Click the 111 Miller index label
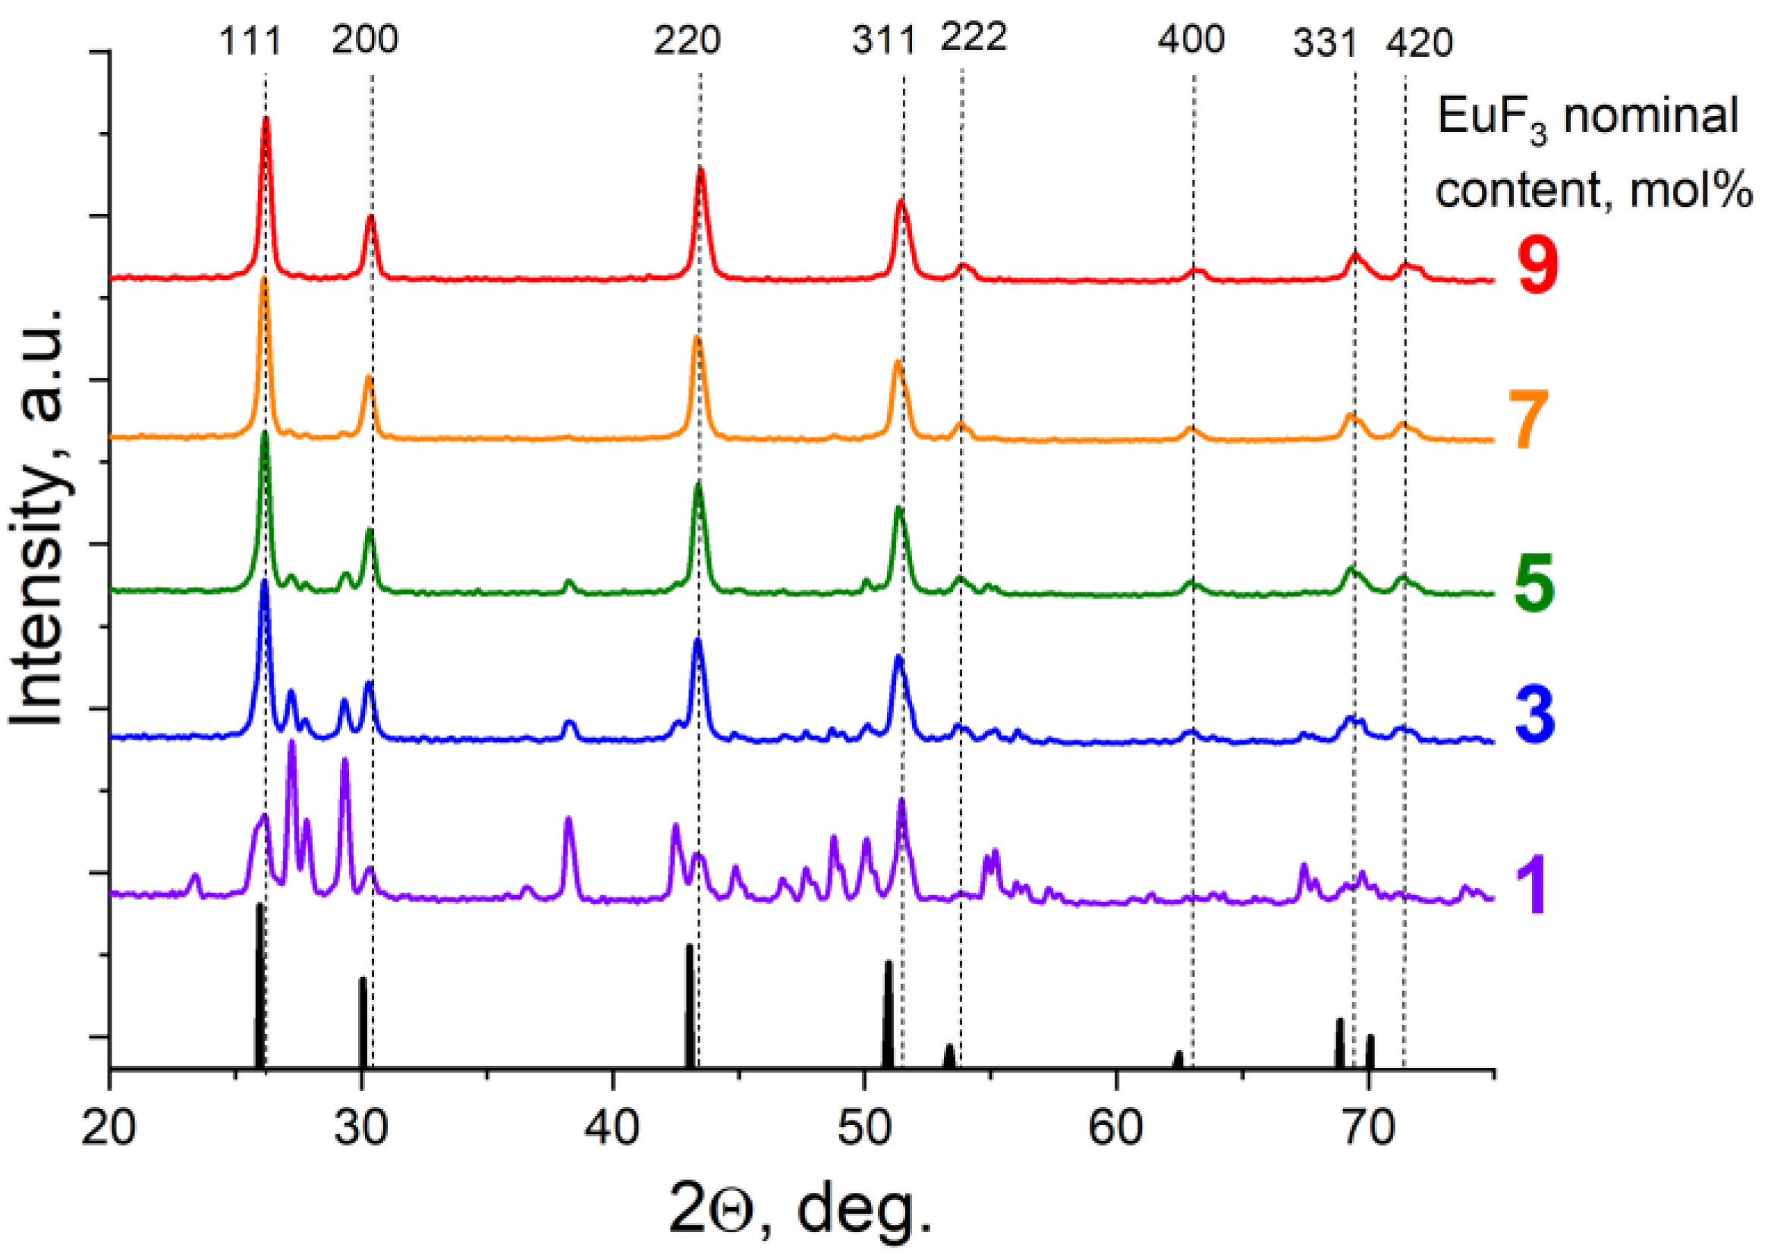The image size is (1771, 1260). pyautogui.click(x=249, y=40)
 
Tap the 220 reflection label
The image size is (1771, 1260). pyautogui.click(x=687, y=39)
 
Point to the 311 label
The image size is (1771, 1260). pyautogui.click(x=884, y=39)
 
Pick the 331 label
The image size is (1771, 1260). pyautogui.click(x=1325, y=42)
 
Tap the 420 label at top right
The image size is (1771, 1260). pyautogui.click(x=1420, y=43)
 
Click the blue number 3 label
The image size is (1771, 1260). pyautogui.click(x=1535, y=714)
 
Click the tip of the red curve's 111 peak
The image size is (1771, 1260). pyautogui.click(x=266, y=120)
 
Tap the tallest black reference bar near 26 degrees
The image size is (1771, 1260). pyautogui.click(x=260, y=985)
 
